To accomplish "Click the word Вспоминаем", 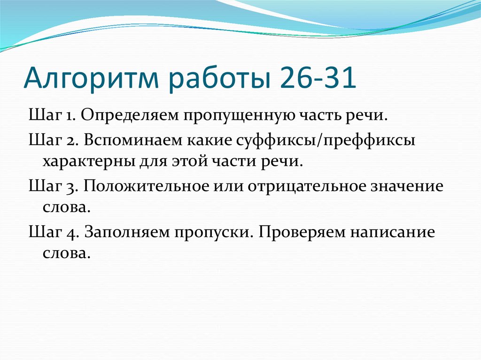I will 132,139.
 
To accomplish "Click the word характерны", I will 89,161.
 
